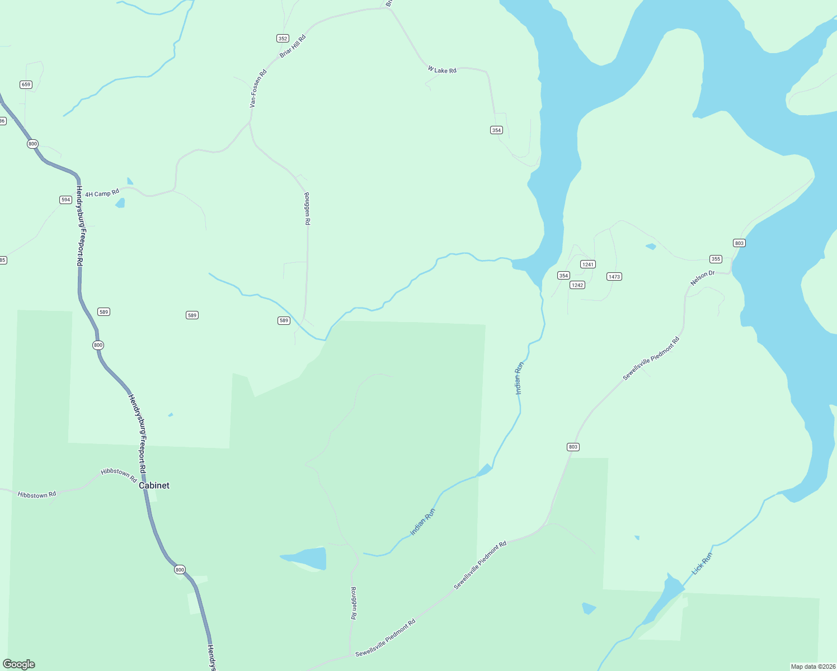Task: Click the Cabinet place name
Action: (154, 485)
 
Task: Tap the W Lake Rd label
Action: (442, 70)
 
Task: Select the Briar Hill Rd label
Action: (293, 46)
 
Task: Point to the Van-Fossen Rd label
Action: (258, 88)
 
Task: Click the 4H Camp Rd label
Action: (102, 193)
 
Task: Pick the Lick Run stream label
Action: (702, 563)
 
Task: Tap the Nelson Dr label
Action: (702, 278)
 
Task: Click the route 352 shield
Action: (283, 39)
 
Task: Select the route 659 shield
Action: (26, 84)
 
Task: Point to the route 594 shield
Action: (66, 200)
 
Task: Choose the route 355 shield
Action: (716, 259)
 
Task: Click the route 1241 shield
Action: (587, 264)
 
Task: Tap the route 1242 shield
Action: (577, 285)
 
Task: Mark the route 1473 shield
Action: (614, 277)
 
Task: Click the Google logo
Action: (18, 664)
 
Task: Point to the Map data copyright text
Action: (813, 667)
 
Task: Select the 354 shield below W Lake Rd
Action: (496, 130)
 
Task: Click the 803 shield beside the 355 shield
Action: (739, 243)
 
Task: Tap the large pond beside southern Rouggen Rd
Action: (307, 558)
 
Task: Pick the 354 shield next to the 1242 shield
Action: (563, 276)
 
